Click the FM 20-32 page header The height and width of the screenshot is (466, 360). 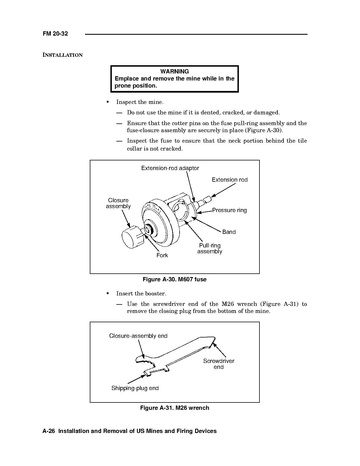pyautogui.click(x=55, y=34)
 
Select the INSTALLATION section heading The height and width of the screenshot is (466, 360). pyautogui.click(x=63, y=55)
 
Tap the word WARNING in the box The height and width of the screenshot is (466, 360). pyautogui.click(x=174, y=71)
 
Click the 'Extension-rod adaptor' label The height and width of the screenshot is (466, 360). pyautogui.click(x=170, y=168)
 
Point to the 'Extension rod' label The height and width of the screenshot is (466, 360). pyautogui.click(x=230, y=180)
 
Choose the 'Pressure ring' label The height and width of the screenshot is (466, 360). pyautogui.click(x=229, y=210)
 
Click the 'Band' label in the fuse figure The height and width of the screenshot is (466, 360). pyautogui.click(x=229, y=232)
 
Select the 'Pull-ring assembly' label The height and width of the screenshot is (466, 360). pyautogui.click(x=210, y=248)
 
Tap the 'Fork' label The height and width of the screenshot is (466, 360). pyautogui.click(x=162, y=255)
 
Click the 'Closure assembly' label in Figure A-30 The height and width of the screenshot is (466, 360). pyautogui.click(x=118, y=203)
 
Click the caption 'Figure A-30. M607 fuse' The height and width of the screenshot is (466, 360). pyautogui.click(x=174, y=279)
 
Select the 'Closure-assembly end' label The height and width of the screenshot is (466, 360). pyautogui.click(x=138, y=336)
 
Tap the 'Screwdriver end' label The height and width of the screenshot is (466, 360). pyautogui.click(x=219, y=364)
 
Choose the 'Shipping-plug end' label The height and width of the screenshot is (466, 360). pyautogui.click(x=135, y=388)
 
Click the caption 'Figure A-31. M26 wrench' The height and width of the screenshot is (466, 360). pyautogui.click(x=175, y=408)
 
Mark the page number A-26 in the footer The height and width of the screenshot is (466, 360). pyautogui.click(x=49, y=431)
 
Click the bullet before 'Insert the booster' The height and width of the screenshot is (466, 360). pyautogui.click(x=107, y=293)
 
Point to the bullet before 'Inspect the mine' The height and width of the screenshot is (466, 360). pyautogui.click(x=107, y=102)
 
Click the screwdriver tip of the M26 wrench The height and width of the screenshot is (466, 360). pyautogui.click(x=214, y=339)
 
